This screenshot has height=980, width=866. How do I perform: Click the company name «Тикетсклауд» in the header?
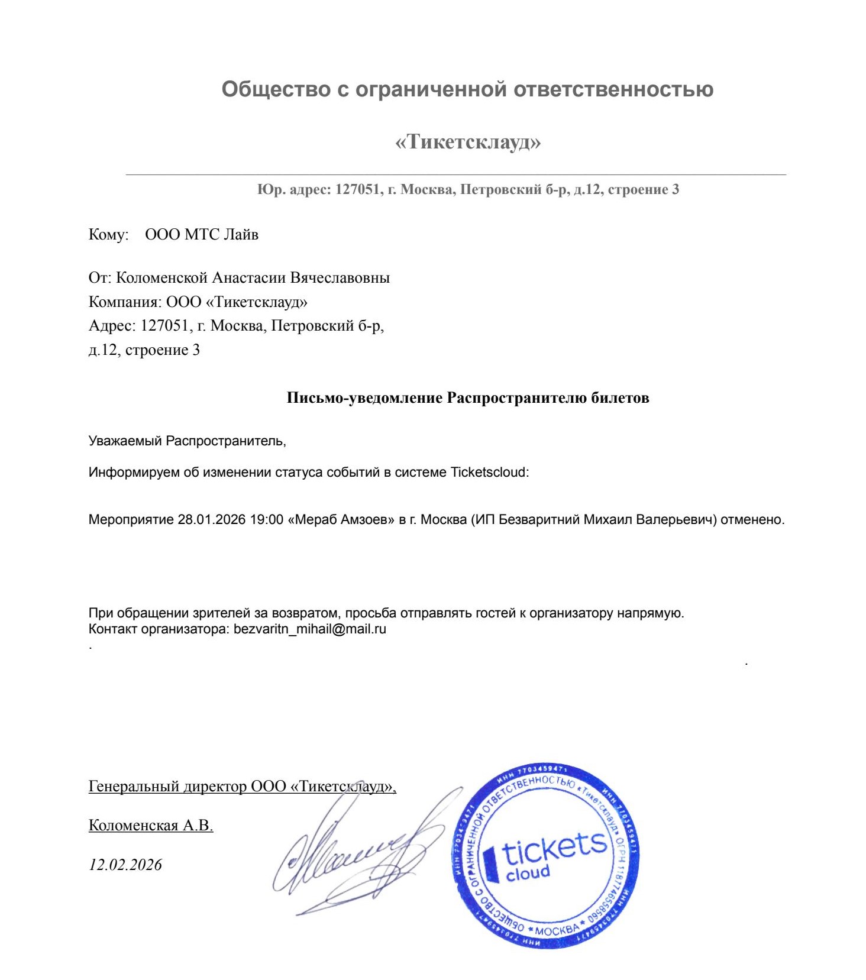coord(467,142)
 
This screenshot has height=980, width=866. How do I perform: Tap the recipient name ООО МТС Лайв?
coord(202,235)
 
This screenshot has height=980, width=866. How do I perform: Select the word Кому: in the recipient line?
coord(108,235)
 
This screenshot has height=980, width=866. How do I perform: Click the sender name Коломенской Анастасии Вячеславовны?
coord(253,278)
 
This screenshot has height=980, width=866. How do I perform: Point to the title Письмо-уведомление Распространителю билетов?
coord(467,398)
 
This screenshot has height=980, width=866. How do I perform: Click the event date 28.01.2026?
coord(211,520)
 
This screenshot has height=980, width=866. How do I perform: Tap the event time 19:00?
coord(266,520)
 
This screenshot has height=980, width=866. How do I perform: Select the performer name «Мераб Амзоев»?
coord(341,520)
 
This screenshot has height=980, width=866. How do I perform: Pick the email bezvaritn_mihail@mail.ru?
coord(309,629)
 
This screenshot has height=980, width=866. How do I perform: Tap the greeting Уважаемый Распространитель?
coord(187,441)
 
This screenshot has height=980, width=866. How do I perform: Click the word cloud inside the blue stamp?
coord(528,873)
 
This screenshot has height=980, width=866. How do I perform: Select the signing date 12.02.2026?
coord(125,865)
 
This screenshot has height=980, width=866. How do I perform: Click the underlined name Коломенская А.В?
coord(150,826)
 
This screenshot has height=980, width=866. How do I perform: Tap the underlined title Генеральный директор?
coord(167,787)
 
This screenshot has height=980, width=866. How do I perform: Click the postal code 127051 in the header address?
coord(357,190)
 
